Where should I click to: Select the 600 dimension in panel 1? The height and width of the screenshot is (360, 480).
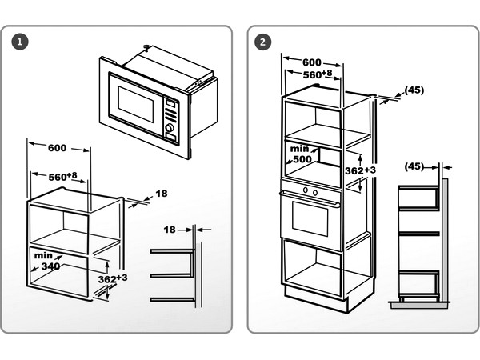(58, 148)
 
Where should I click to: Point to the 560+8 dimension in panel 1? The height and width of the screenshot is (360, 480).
(61, 176)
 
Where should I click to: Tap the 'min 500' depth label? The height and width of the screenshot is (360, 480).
(302, 154)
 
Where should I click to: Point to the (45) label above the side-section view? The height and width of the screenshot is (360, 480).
(414, 166)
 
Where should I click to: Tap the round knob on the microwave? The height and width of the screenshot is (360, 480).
(170, 128)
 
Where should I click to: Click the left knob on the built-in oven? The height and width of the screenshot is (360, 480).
(305, 191)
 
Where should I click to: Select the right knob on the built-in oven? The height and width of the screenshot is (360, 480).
(315, 192)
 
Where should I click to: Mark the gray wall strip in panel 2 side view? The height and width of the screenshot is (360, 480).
(445, 240)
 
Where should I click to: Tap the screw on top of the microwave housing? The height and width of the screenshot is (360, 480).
(146, 47)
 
